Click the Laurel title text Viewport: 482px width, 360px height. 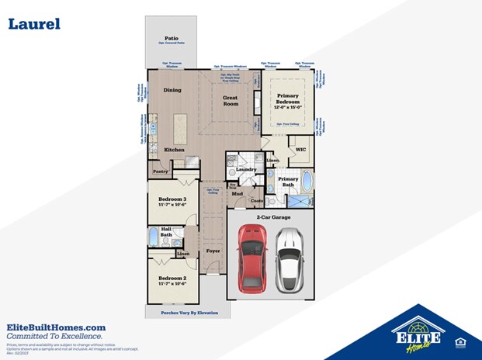[x=34, y=24]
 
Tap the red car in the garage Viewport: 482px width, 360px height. [x=252, y=256]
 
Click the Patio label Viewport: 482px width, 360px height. [x=172, y=36]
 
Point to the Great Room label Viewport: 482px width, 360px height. [x=231, y=100]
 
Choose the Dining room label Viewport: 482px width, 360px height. [x=172, y=90]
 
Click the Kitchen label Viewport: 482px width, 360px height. [x=174, y=149]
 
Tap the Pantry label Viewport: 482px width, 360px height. [x=161, y=171]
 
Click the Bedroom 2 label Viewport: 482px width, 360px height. [x=172, y=278]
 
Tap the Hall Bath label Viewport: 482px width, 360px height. [x=166, y=231]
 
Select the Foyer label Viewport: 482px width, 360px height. [x=213, y=251]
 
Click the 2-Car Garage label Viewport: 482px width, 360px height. [x=269, y=218]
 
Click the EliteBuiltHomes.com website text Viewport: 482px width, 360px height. [x=56, y=327]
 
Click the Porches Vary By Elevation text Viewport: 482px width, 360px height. [x=184, y=313]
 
